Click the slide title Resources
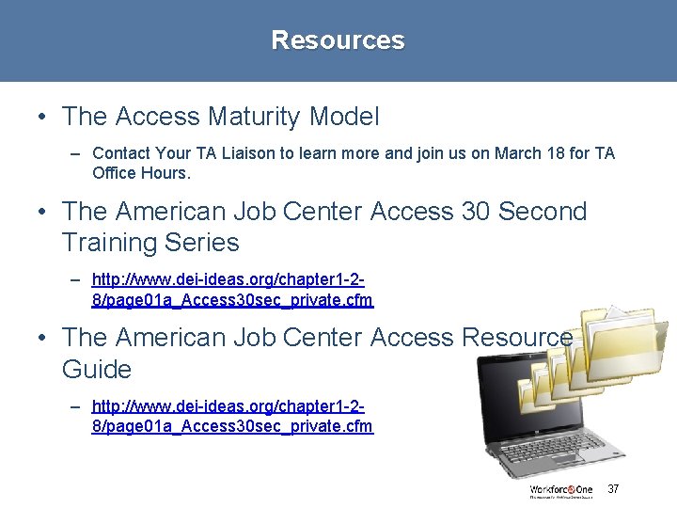338,40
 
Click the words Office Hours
141,173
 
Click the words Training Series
150,243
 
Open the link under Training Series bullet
231,291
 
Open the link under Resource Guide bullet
231,417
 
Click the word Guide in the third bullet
97,369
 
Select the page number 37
613,489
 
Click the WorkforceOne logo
561,490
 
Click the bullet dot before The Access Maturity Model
43,118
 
